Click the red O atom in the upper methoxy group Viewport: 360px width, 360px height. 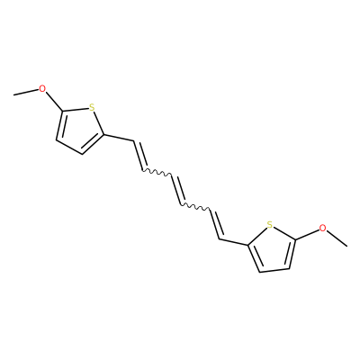tap(42, 89)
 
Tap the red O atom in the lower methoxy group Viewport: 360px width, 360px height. tap(322, 228)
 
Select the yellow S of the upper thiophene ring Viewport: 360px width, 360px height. tap(92, 107)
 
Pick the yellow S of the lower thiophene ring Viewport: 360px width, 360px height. tap(270, 224)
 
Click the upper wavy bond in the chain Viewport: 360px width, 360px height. tap(156, 173)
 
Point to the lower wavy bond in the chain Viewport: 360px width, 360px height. tap(195, 207)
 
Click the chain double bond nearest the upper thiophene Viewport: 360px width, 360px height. tap(139, 156)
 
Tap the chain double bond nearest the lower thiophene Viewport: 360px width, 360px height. tap(217, 224)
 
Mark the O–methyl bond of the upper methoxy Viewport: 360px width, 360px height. tap(26, 92)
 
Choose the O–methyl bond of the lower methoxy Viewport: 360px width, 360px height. tap(337, 238)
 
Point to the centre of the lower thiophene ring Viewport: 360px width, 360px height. tap(272, 248)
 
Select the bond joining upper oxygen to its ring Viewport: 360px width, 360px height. tap(54, 101)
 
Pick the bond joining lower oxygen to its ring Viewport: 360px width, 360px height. tap(307, 234)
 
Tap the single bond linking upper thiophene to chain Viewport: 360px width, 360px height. tap(118, 138)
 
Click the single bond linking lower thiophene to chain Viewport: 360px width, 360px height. tap(234, 242)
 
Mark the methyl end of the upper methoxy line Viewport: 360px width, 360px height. tap(13, 95)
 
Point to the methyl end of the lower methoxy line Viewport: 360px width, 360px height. tap(347, 247)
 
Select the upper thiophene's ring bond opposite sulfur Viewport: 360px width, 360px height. tap(69, 148)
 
